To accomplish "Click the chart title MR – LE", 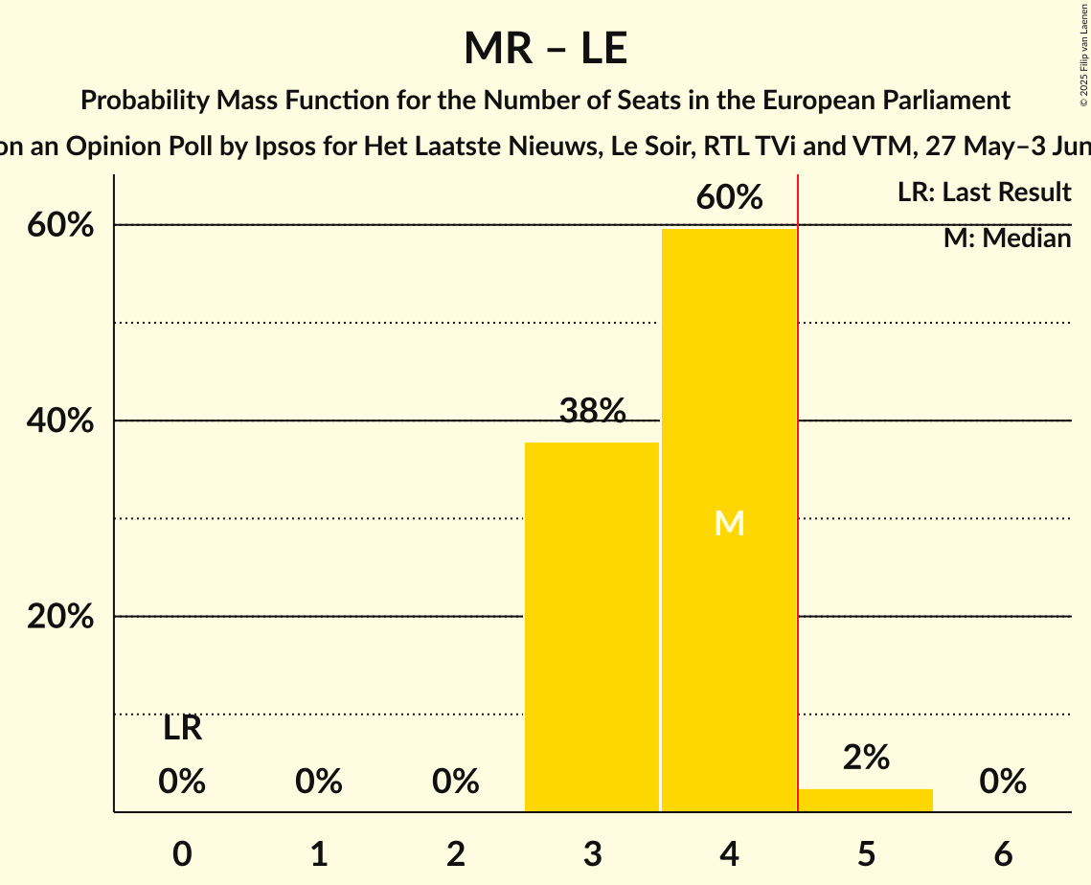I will pyautogui.click(x=545, y=49).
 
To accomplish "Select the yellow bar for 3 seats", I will pyautogui.click(x=592, y=626).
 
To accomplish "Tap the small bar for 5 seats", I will pyautogui.click(x=865, y=800).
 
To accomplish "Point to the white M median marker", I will pyautogui.click(x=729, y=523).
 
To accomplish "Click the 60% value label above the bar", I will pyautogui.click(x=729, y=198).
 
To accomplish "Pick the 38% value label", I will pyautogui.click(x=592, y=411).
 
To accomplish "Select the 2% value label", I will pyautogui.click(x=866, y=758).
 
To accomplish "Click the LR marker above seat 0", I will pyautogui.click(x=182, y=728).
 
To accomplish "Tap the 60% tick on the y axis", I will pyautogui.click(x=59, y=226).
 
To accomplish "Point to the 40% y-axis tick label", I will pyautogui.click(x=59, y=421).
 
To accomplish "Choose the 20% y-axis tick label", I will pyautogui.click(x=59, y=617).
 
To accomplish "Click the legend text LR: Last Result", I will pyautogui.click(x=984, y=193).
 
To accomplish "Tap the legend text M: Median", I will pyautogui.click(x=1007, y=238).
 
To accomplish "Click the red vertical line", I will pyautogui.click(x=798, y=479).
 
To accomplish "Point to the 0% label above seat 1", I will pyautogui.click(x=319, y=782).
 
